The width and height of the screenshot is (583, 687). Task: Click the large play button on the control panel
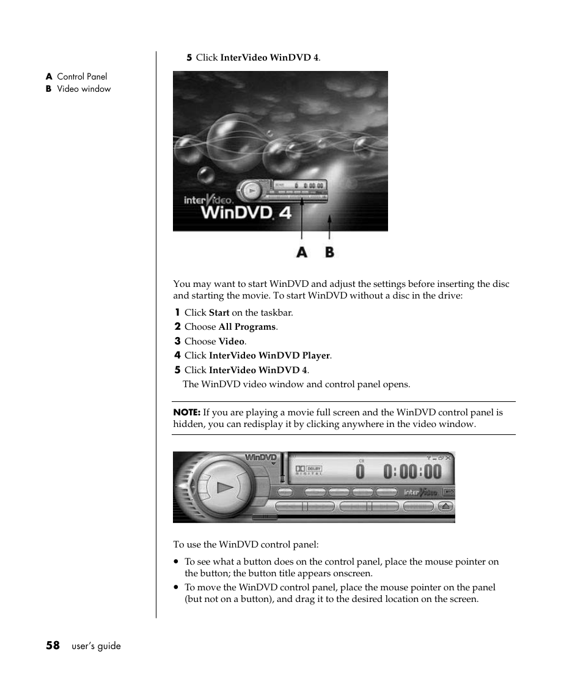coord(224,488)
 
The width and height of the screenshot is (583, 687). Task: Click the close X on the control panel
coord(448,457)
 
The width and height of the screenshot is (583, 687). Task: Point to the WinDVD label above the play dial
coord(261,458)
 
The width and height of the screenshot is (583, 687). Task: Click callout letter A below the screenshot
coord(302,251)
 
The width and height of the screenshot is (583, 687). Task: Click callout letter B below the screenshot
coord(329,251)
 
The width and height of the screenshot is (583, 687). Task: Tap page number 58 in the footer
coord(53,645)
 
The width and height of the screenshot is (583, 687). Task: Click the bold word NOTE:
coord(186,412)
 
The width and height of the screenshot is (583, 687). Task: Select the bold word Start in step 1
coord(219,313)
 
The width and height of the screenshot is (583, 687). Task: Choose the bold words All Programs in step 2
coord(247,327)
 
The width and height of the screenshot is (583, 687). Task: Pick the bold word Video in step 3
coord(231,341)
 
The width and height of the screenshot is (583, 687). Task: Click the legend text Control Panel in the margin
coord(82,76)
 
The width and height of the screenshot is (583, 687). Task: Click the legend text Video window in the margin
coord(84,89)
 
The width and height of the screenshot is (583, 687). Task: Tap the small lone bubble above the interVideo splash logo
coord(206,175)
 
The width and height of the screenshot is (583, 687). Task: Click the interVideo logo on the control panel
coord(420,492)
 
